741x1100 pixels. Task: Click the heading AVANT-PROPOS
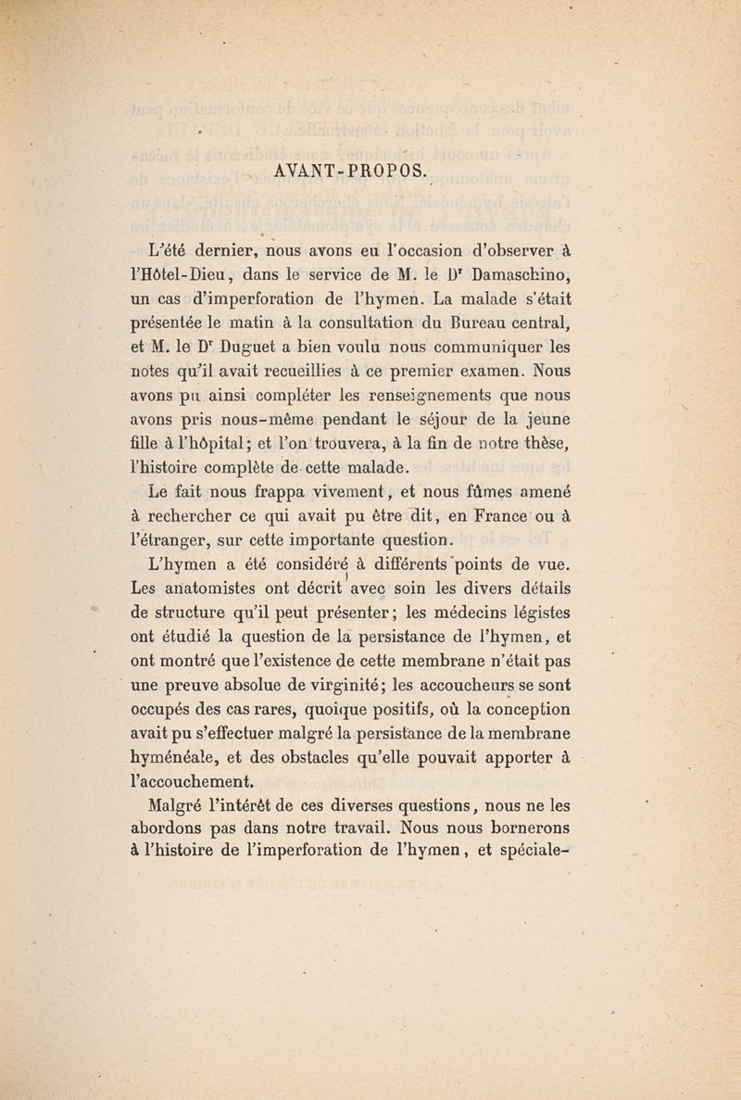pos(350,171)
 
